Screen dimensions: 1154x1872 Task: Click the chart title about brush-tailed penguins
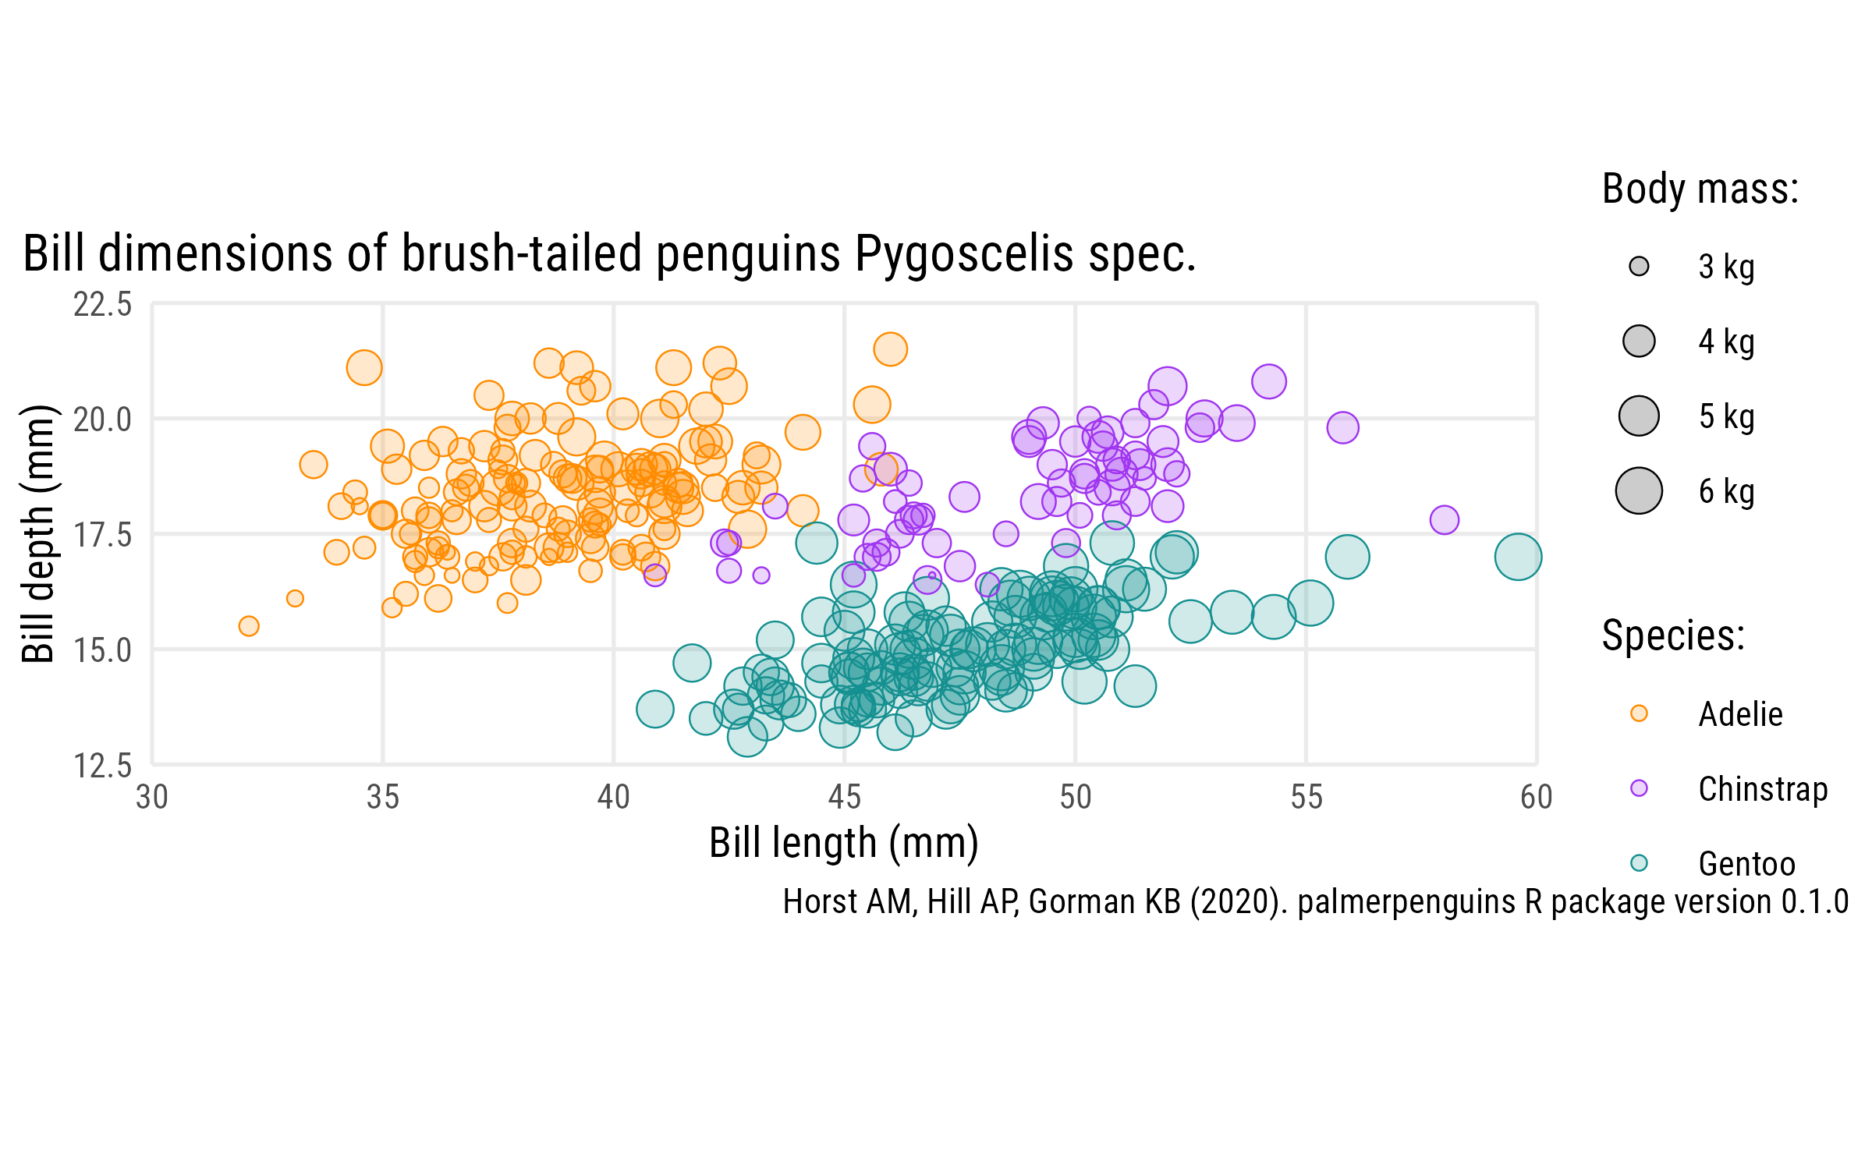pos(609,254)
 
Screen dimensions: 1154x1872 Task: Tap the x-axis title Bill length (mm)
pos(843,843)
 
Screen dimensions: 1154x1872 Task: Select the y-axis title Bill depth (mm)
pos(37,534)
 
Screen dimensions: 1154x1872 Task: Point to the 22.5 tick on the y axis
pos(103,304)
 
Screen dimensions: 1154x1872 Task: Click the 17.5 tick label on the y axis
pos(103,535)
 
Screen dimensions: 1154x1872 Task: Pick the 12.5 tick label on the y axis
pos(103,766)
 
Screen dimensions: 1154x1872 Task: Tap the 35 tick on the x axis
pos(383,797)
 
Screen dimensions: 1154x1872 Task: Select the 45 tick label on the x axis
pos(844,797)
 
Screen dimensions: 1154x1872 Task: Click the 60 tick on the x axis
pos(1536,797)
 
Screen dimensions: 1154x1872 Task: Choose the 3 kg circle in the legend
pos(1639,267)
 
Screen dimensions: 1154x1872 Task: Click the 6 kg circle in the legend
pos(1639,491)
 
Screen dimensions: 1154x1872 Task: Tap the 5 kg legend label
pos(1726,416)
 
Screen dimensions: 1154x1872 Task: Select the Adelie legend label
pos(1740,714)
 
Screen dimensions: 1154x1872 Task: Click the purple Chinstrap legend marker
pos(1639,788)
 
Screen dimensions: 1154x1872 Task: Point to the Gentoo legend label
pos(1746,864)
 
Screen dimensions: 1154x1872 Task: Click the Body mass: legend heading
pos(1700,189)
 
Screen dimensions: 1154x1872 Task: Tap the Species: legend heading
pos(1672,635)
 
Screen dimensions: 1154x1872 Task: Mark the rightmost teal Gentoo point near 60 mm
pos(1518,557)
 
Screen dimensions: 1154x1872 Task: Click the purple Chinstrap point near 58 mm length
pos(1445,519)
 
